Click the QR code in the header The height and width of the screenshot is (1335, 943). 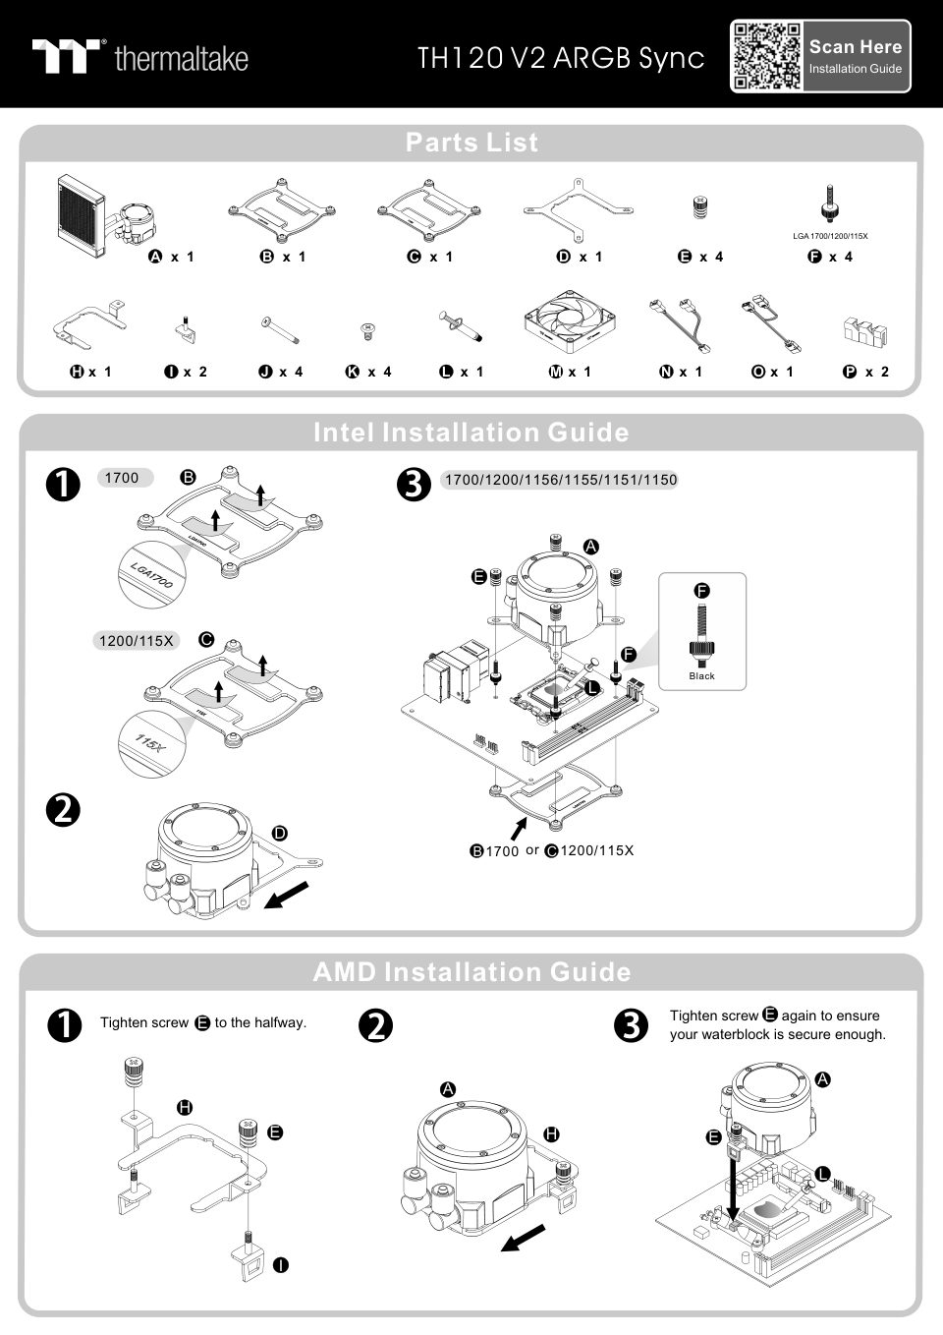(766, 56)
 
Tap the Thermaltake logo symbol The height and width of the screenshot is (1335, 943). (68, 56)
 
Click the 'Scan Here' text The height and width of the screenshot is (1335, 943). (855, 46)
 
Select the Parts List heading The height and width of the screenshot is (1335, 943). (471, 143)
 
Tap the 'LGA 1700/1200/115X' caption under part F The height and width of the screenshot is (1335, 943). (830, 236)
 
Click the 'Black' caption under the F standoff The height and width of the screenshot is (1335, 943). (702, 676)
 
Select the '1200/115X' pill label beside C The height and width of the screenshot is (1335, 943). (137, 641)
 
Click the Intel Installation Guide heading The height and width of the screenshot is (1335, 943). (471, 433)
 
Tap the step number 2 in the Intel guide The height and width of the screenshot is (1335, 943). (63, 810)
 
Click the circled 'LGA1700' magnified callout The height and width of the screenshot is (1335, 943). (152, 573)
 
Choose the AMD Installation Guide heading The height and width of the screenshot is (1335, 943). (471, 972)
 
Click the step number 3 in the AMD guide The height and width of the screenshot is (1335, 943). (630, 1025)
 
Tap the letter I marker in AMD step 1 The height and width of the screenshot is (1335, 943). (280, 1264)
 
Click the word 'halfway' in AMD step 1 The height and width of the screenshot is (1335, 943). (279, 1022)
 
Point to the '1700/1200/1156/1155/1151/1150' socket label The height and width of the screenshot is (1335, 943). (560, 480)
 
